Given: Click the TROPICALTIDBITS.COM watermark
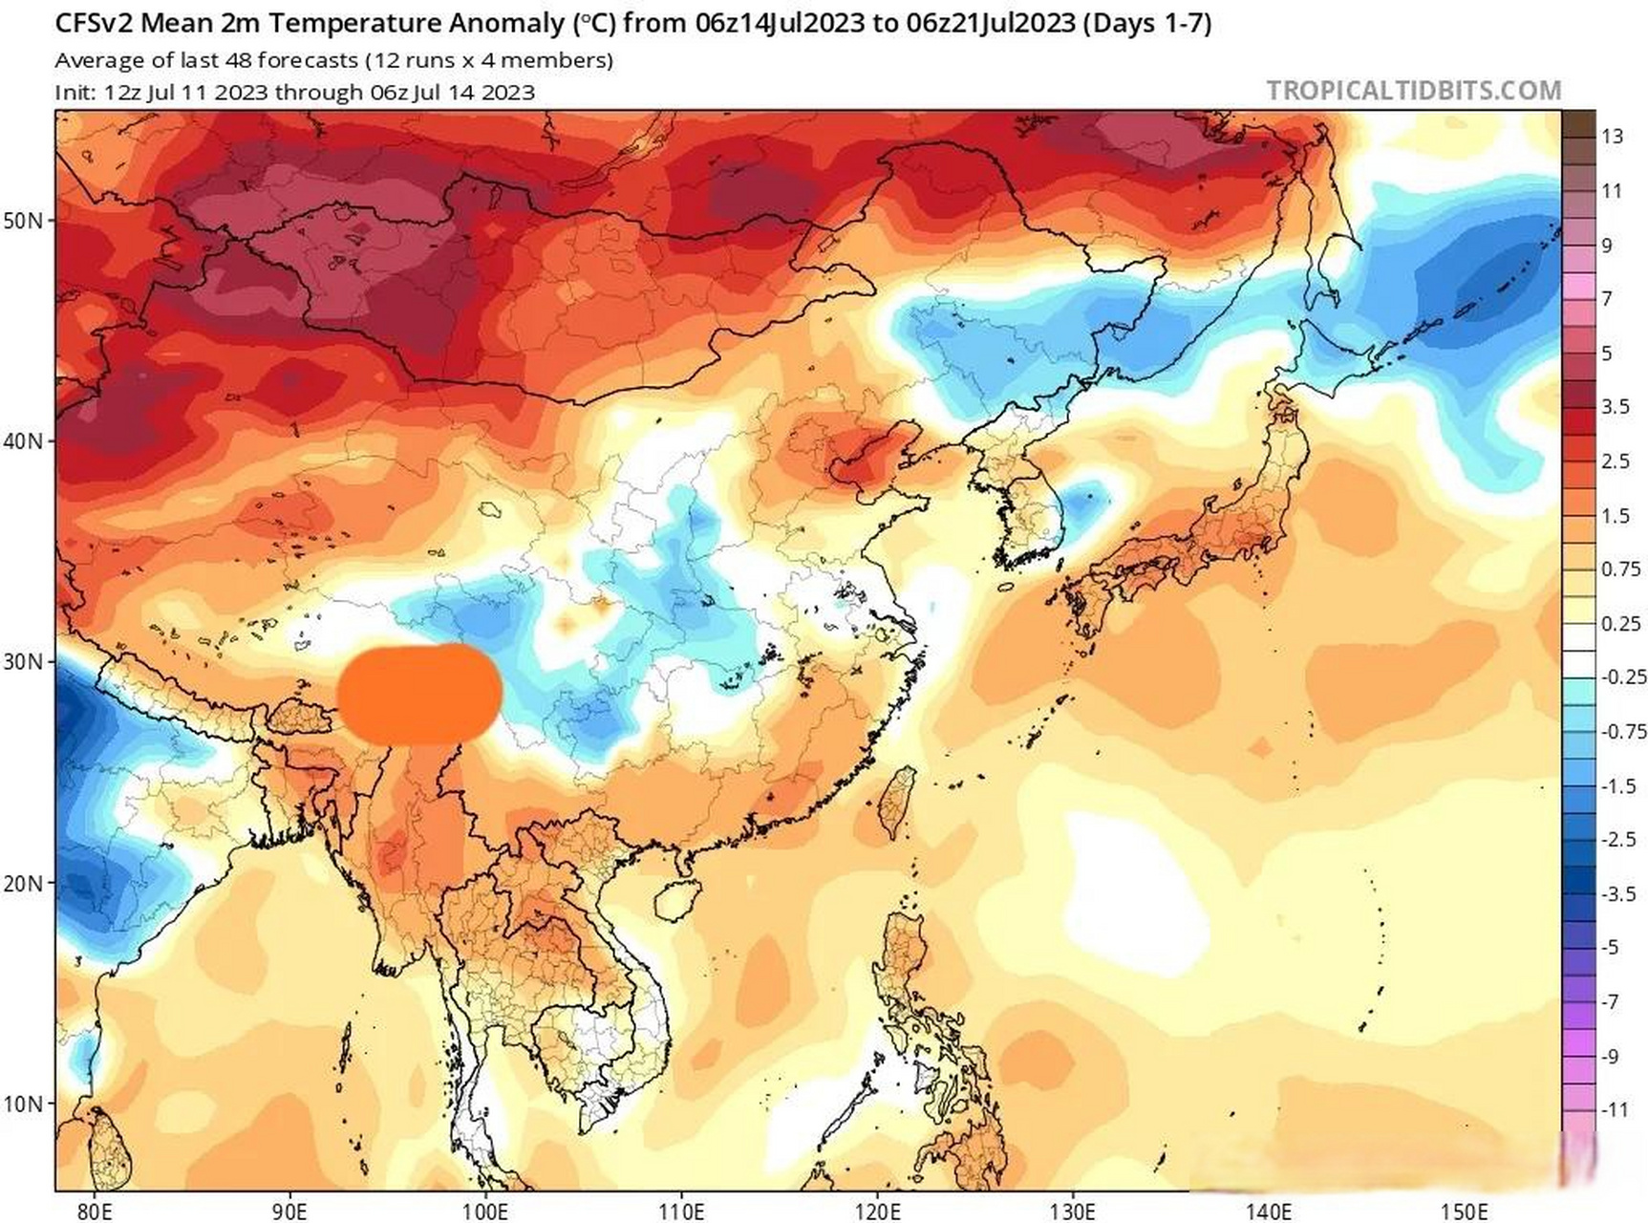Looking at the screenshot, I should [1413, 91].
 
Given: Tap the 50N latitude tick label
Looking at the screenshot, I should [23, 221].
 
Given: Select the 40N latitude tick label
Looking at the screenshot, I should [23, 441].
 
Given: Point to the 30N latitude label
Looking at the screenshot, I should [23, 661].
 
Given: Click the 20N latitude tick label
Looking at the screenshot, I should [23, 882].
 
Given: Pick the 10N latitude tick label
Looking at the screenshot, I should [23, 1104].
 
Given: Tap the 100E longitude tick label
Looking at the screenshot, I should [484, 1211].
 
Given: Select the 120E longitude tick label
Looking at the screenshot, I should [877, 1211].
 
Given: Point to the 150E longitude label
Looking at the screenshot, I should [1465, 1211].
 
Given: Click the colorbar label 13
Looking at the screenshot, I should [1613, 137].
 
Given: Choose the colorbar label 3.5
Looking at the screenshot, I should [1616, 407].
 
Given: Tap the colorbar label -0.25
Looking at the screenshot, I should [1621, 677].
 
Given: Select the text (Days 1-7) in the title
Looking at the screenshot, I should [1146, 23].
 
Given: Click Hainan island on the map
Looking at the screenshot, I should [675, 897].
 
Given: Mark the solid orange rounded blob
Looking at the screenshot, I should [420, 694].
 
